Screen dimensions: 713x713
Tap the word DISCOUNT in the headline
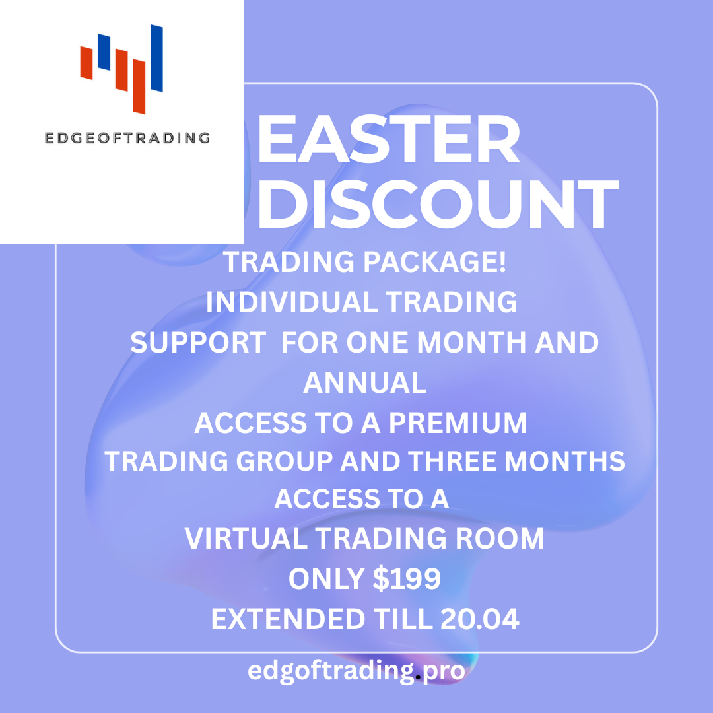click(x=438, y=204)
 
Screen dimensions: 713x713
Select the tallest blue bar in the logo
click(x=156, y=58)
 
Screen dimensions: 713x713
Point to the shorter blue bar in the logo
click(x=104, y=52)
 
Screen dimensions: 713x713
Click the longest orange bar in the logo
click(x=139, y=86)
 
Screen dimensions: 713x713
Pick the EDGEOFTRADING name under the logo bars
click(x=127, y=138)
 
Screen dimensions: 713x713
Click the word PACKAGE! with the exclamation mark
click(x=434, y=262)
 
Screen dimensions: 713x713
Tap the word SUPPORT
click(x=198, y=343)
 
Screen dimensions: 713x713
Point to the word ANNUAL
click(x=364, y=382)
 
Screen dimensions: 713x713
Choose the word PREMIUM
click(x=458, y=423)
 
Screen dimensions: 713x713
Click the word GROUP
click(x=285, y=461)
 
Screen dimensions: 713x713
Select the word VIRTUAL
click(x=246, y=539)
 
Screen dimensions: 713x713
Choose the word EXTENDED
click(x=288, y=619)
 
